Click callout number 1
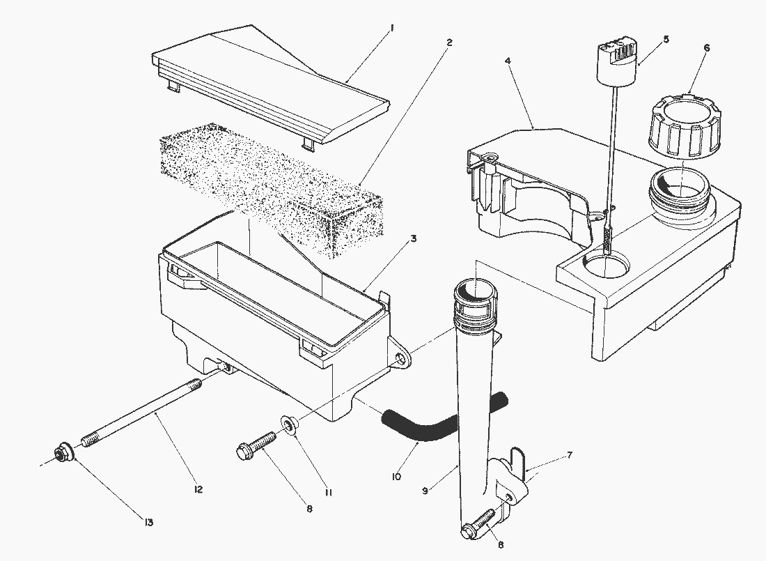coord(392,29)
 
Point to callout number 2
coord(449,43)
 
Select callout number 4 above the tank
coord(508,61)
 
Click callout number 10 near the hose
coord(397,476)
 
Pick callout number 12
coord(198,490)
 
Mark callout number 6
coord(707,48)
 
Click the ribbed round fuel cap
coord(682,130)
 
